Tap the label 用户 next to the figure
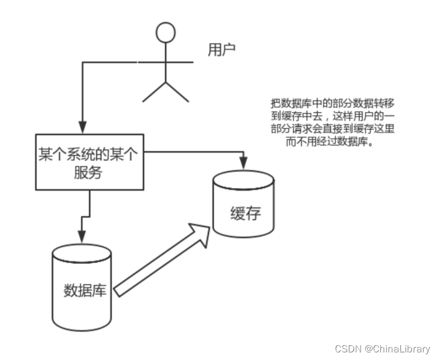pos(222,50)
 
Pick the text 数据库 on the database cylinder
pos(85,290)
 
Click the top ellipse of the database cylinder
pos(82,252)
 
